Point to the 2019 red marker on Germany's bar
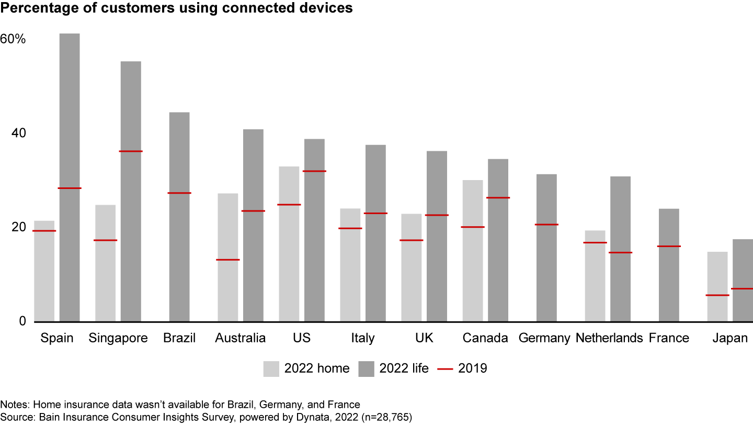coord(546,225)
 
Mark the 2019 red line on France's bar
coord(669,246)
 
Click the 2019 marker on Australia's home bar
coord(228,260)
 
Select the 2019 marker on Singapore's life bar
coord(131,151)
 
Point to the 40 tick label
coord(19,133)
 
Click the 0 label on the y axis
coord(22,321)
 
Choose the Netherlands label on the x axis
coord(609,338)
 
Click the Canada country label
coord(485,338)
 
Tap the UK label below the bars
coord(424,338)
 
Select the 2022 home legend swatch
coord(271,369)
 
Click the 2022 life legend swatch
coord(367,369)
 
